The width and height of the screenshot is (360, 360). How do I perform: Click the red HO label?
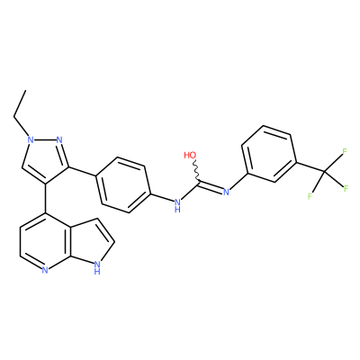(x=190, y=155)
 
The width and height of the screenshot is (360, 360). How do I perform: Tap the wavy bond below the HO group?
(x=195, y=171)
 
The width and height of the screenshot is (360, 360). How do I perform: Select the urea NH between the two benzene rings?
(x=177, y=205)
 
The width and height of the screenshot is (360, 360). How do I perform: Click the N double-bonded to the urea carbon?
(x=226, y=192)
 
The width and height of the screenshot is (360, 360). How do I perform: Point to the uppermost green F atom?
(x=345, y=151)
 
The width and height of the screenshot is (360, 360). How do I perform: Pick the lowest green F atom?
(x=310, y=197)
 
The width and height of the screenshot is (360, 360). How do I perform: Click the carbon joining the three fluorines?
(x=324, y=172)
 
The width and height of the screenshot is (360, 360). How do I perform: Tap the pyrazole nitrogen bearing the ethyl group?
(x=30, y=139)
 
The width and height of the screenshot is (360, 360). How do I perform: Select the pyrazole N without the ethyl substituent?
(x=58, y=139)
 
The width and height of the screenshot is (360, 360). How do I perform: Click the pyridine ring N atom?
(x=45, y=271)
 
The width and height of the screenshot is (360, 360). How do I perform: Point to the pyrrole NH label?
(x=96, y=267)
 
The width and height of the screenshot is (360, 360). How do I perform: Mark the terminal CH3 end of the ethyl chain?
(x=26, y=90)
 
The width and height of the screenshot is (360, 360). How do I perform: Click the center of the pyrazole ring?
(x=44, y=159)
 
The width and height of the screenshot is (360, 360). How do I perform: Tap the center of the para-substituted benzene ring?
(x=123, y=185)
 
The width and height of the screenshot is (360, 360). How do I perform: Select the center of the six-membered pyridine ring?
(x=45, y=242)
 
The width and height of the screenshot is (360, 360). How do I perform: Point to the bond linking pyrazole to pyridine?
(x=46, y=198)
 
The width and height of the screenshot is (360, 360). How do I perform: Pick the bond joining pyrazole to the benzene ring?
(x=82, y=171)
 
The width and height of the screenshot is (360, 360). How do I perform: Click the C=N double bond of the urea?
(x=211, y=186)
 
